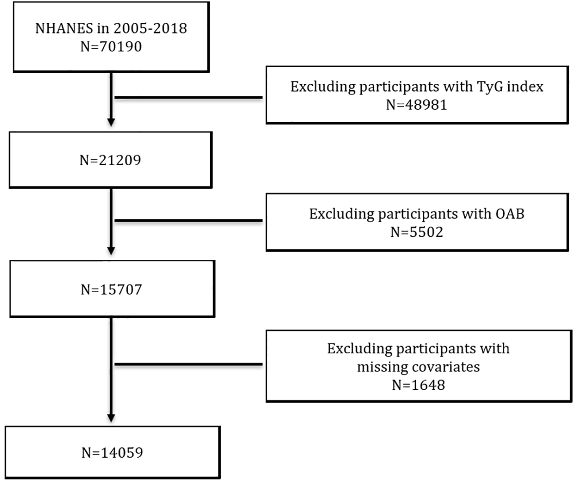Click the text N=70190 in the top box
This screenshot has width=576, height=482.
click(111, 47)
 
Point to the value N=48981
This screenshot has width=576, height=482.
click(417, 104)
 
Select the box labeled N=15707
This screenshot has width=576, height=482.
click(111, 289)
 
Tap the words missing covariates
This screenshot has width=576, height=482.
click(418, 366)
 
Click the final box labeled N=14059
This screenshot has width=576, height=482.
click(112, 452)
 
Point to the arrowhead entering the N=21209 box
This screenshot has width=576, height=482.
click(111, 121)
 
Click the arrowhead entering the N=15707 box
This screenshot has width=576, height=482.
click(111, 250)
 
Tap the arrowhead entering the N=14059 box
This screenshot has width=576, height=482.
click(111, 417)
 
